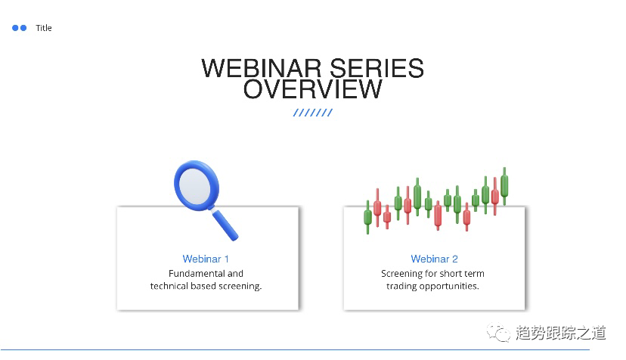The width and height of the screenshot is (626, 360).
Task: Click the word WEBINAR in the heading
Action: pyautogui.click(x=261, y=68)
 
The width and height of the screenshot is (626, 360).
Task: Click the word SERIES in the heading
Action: pyautogui.click(x=377, y=68)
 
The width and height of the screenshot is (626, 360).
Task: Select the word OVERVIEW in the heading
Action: pyautogui.click(x=312, y=88)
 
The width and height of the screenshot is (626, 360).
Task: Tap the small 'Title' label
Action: pyautogui.click(x=44, y=28)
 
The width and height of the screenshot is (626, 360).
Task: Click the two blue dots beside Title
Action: pyautogui.click(x=19, y=28)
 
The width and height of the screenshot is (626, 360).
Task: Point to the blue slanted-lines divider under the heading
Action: pyautogui.click(x=312, y=113)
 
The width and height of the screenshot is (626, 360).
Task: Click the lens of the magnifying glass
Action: pyautogui.click(x=195, y=186)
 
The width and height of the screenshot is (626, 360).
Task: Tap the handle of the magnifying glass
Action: pyautogui.click(x=225, y=225)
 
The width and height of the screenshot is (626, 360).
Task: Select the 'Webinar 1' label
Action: pyautogui.click(x=206, y=259)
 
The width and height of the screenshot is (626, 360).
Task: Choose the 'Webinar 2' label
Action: pyautogui.click(x=435, y=259)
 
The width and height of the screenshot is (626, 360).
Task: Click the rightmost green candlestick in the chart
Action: pyautogui.click(x=504, y=186)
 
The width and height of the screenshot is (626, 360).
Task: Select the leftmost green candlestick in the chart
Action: pyautogui.click(x=367, y=217)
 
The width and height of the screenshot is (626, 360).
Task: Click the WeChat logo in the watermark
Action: pyautogui.click(x=498, y=333)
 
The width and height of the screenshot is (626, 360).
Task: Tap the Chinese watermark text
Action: pyautogui.click(x=560, y=333)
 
